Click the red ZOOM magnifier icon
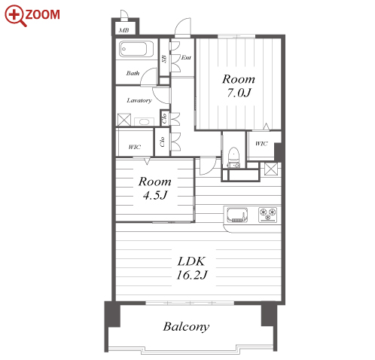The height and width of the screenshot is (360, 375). pyautogui.click(x=16, y=16)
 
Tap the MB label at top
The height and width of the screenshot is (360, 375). pyautogui.click(x=123, y=30)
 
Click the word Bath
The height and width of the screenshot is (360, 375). pyautogui.click(x=133, y=73)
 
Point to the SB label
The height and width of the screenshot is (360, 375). pyautogui.click(x=164, y=59)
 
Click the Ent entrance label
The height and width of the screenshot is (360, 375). pyautogui.click(x=186, y=57)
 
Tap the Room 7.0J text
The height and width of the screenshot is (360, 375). pyautogui.click(x=239, y=86)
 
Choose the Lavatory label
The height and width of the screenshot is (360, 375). pyautogui.click(x=139, y=100)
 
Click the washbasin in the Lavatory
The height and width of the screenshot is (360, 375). pyautogui.click(x=144, y=122)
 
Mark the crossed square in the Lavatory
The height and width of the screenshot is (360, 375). pyautogui.click(x=124, y=120)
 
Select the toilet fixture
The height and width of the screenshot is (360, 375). pyautogui.click(x=233, y=157)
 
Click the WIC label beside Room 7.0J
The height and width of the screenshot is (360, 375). pyautogui.click(x=261, y=144)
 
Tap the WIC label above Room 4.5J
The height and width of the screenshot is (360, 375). pyautogui.click(x=134, y=147)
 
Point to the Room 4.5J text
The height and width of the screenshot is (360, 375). pyautogui.click(x=154, y=188)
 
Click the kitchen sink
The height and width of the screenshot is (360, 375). pyautogui.click(x=237, y=215)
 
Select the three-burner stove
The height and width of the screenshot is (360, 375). pyautogui.click(x=268, y=215)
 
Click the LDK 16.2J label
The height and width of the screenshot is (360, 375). pyautogui.click(x=192, y=268)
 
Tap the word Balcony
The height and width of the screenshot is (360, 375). pyautogui.click(x=186, y=327)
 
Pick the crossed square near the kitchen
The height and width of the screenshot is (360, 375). pyautogui.click(x=271, y=169)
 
